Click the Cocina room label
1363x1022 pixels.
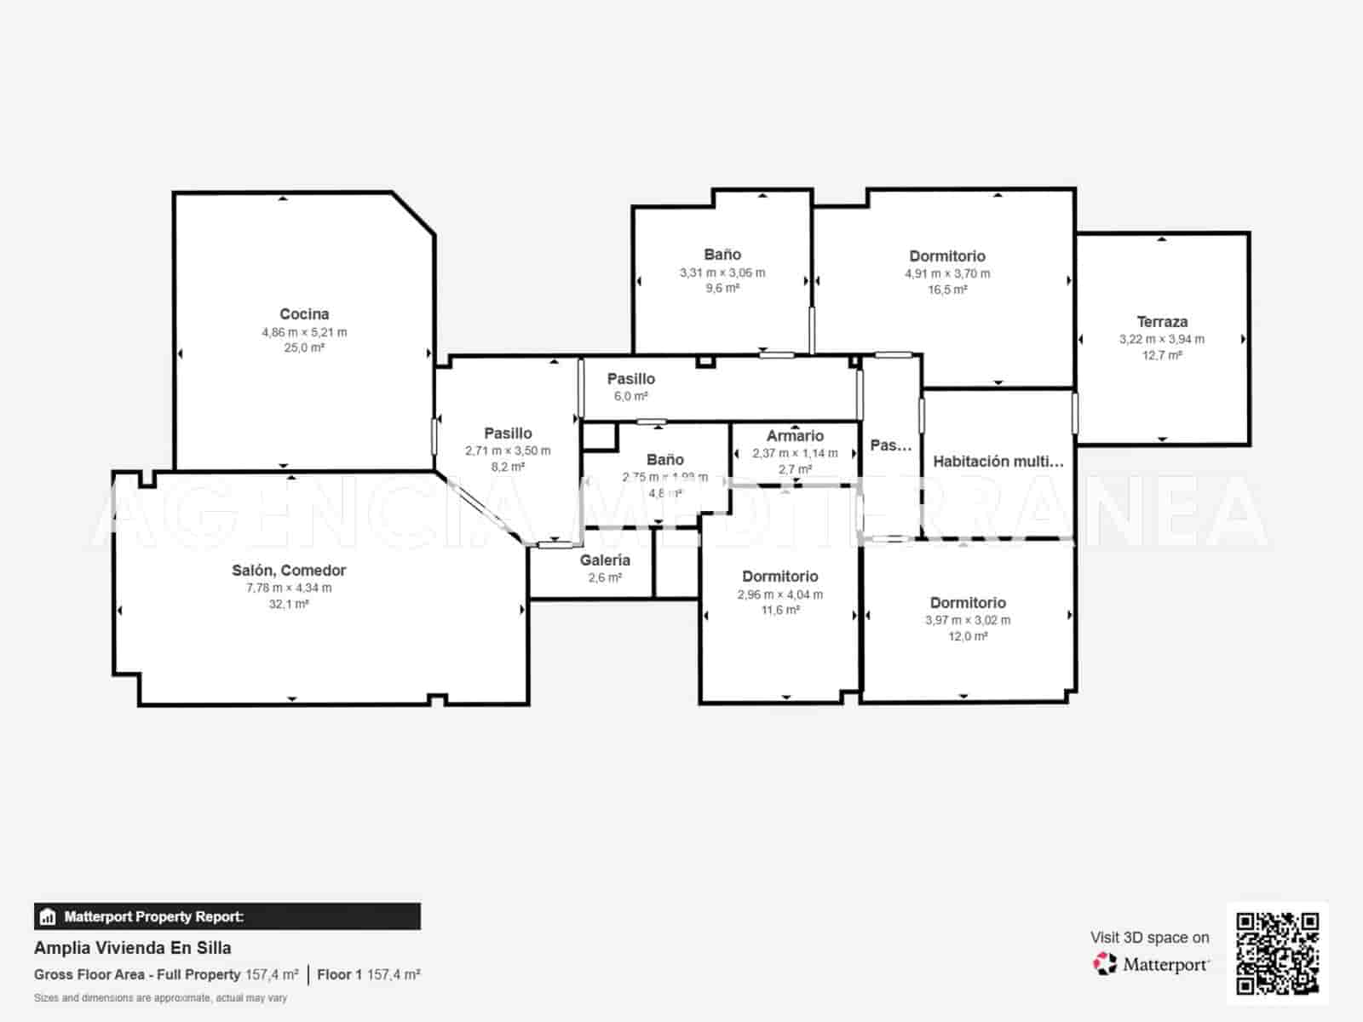(x=304, y=314)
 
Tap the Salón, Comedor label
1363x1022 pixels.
(x=289, y=571)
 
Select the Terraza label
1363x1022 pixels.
(x=1162, y=322)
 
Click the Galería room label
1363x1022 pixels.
(x=605, y=560)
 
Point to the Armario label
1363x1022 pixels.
(x=795, y=436)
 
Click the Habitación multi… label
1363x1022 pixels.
(x=998, y=462)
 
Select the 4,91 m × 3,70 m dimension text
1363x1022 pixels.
(x=947, y=274)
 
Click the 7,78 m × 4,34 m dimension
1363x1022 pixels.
(x=289, y=589)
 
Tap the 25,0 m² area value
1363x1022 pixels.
(x=304, y=347)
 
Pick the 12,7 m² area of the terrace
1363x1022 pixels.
(x=1162, y=355)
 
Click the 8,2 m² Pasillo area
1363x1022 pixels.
(x=508, y=467)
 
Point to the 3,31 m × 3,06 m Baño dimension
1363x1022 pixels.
(x=722, y=273)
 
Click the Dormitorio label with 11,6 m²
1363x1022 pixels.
(x=779, y=577)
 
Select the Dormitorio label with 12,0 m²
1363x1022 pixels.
(x=968, y=603)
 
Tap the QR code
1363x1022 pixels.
(x=1277, y=953)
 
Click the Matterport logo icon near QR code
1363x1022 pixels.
(x=1105, y=964)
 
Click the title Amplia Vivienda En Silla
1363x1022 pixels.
(x=132, y=948)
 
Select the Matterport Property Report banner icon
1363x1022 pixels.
(x=48, y=917)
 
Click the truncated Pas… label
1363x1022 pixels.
(x=890, y=445)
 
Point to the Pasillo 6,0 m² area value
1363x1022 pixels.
(x=630, y=397)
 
